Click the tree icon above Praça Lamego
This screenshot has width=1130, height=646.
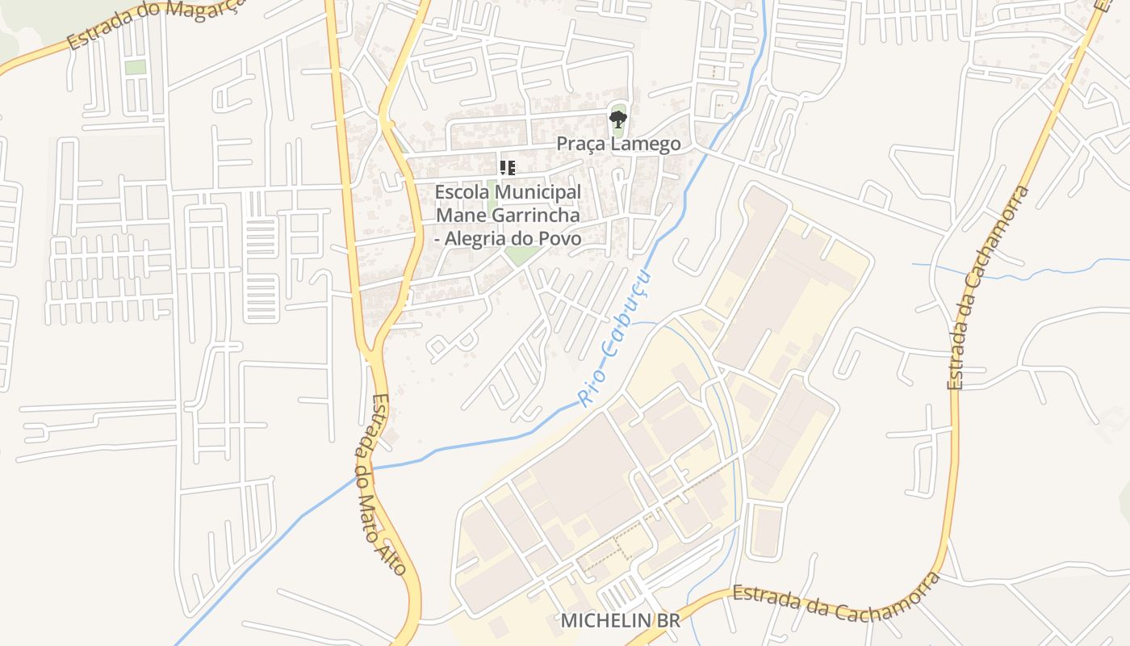point(618,120)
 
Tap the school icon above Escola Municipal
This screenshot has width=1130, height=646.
point(508,168)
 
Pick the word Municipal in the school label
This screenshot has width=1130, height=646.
point(537,192)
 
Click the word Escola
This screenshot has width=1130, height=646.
point(461,192)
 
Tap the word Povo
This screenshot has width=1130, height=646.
point(563,239)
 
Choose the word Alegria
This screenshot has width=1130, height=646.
point(483,239)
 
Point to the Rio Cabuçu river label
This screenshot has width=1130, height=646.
point(615,338)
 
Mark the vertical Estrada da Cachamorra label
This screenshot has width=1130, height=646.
point(990,287)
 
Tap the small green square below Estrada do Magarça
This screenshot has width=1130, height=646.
point(135,67)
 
